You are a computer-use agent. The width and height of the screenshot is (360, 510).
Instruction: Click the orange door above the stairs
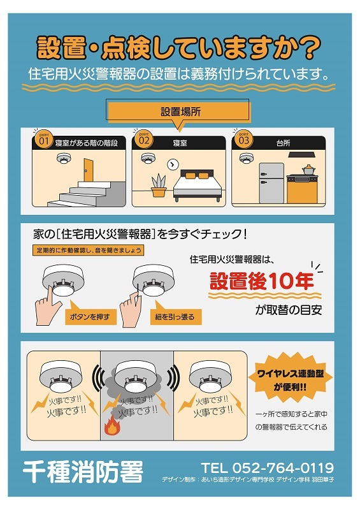[x=88, y=170]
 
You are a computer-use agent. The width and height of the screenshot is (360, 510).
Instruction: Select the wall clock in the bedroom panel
[x=172, y=164]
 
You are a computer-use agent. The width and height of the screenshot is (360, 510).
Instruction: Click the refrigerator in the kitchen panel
[x=271, y=183]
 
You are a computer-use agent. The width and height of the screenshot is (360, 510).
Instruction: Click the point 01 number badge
[x=43, y=139]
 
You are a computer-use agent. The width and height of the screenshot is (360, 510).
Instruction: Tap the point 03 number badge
[x=243, y=139]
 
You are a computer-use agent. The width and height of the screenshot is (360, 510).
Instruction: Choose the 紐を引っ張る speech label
[x=175, y=316]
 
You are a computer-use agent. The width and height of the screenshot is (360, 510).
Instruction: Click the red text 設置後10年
[x=261, y=280]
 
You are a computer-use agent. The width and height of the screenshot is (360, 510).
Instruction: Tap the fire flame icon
[x=112, y=428]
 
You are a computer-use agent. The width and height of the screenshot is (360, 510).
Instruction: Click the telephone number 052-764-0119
[x=283, y=468]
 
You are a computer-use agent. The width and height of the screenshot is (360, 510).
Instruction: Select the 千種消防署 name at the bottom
[x=83, y=471]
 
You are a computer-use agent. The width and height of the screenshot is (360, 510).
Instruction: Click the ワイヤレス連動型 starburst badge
[x=291, y=379]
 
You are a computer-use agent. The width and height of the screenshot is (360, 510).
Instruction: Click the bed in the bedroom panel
[x=198, y=185]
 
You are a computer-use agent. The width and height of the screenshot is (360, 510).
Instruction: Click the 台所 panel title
[x=283, y=143]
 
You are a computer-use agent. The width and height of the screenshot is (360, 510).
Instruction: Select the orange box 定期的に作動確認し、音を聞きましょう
[x=88, y=250]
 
